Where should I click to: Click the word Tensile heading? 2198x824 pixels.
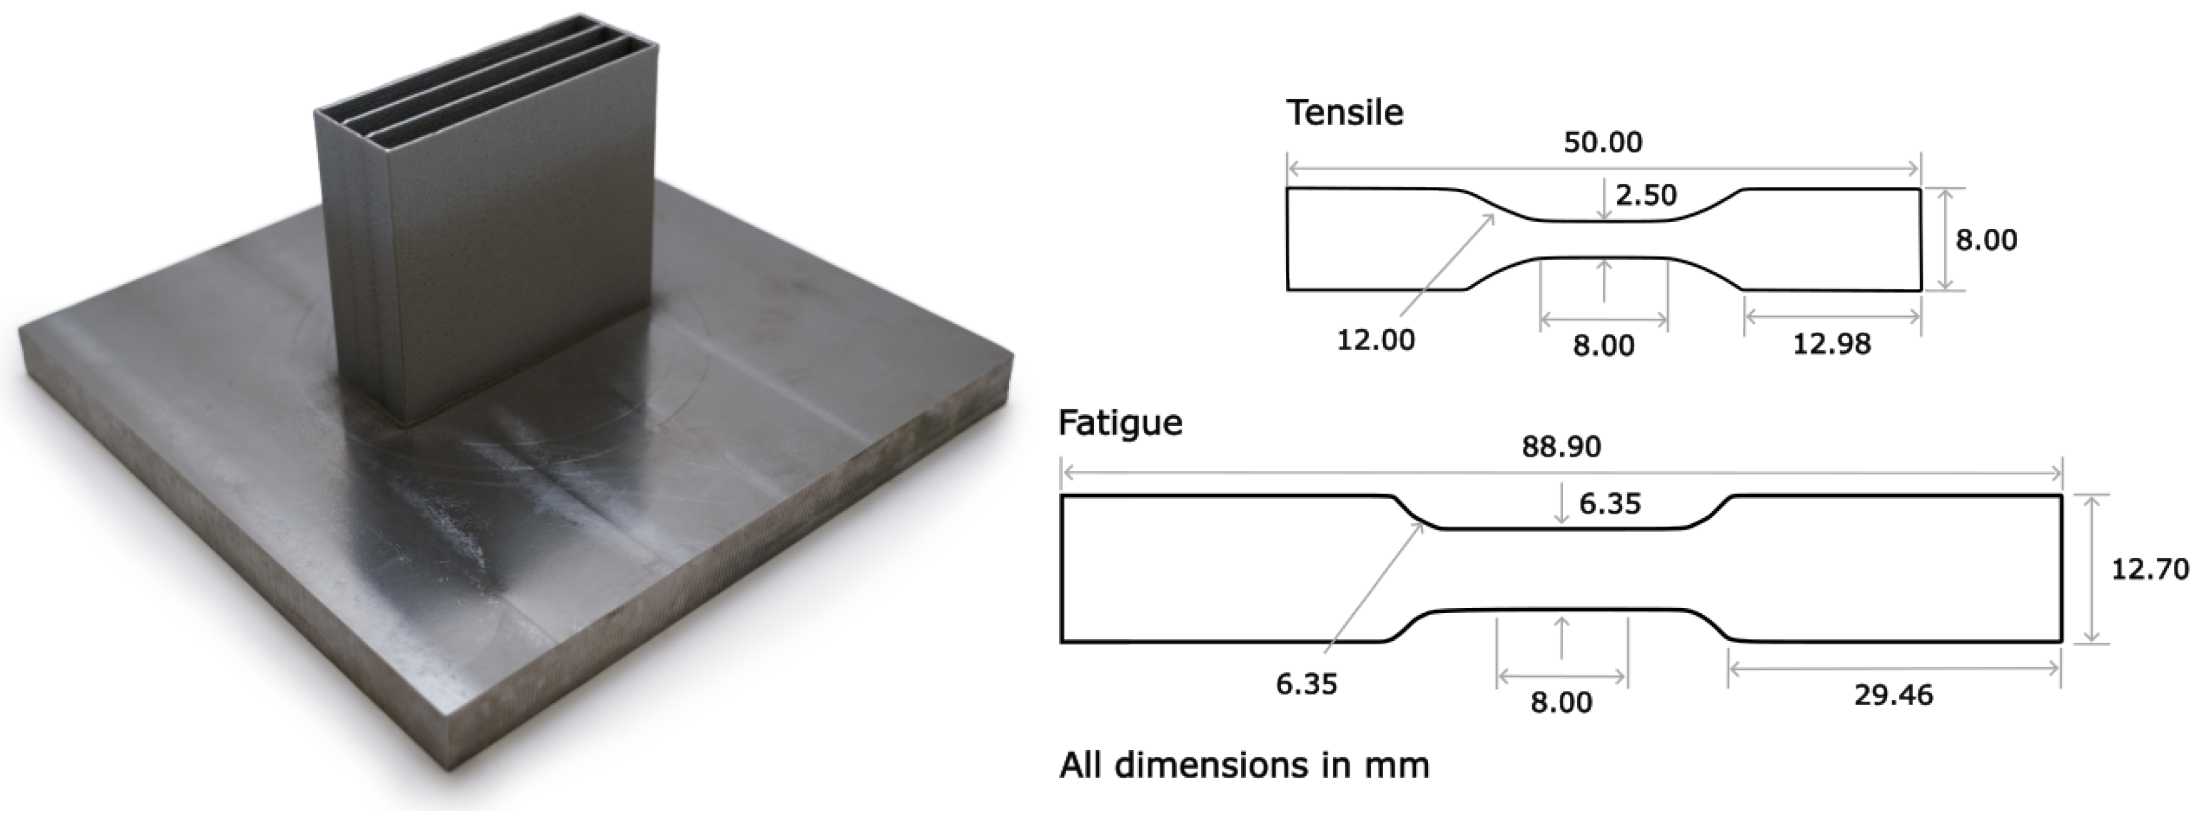(x=1345, y=112)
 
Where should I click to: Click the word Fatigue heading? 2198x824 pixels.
(x=1120, y=423)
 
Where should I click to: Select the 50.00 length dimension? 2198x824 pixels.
(x=1602, y=141)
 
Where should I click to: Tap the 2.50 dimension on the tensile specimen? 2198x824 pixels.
(x=1646, y=195)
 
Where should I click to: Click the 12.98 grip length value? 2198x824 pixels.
(x=1831, y=344)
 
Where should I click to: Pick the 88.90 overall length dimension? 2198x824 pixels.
(x=1562, y=447)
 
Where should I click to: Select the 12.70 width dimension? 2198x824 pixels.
(x=2149, y=569)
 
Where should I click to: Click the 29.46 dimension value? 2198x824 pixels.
(x=1893, y=695)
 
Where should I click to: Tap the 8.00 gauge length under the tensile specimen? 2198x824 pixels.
(x=1604, y=345)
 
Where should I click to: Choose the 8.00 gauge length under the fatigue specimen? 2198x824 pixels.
(x=1562, y=702)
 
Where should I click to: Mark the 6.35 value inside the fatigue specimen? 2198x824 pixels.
(x=1610, y=504)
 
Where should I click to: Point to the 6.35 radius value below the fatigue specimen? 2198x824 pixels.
(x=1307, y=684)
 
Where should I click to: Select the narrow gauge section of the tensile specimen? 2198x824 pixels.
(x=1604, y=240)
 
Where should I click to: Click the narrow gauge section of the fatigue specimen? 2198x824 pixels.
(x=1562, y=569)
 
